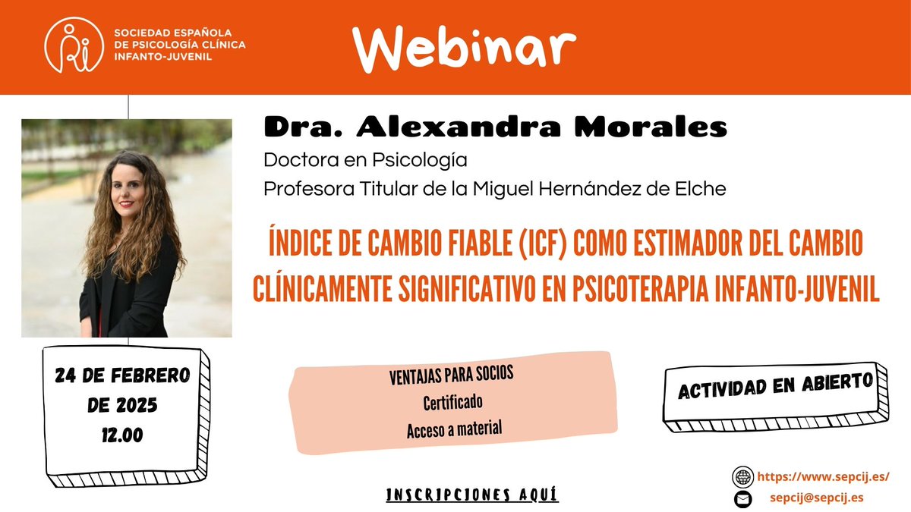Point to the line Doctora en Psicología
(x=365, y=161)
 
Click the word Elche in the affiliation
(x=701, y=189)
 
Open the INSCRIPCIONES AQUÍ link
(x=472, y=495)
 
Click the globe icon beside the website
(x=742, y=477)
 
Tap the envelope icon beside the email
(x=742, y=499)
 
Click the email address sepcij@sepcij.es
(x=816, y=498)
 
